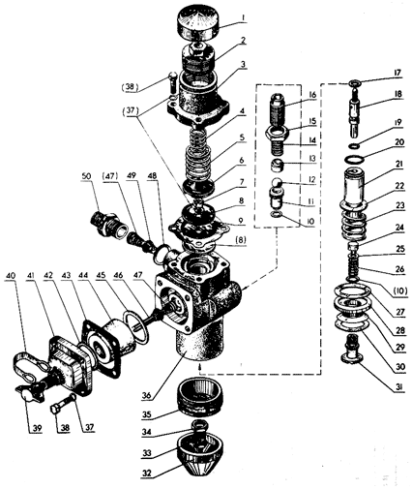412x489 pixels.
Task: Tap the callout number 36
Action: tap(147, 395)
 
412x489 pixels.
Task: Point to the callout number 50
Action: tap(87, 176)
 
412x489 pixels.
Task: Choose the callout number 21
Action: tap(399, 165)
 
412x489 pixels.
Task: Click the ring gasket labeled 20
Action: tap(354, 159)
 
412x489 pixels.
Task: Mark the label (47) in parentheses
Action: tap(110, 176)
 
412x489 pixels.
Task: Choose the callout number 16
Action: tap(312, 95)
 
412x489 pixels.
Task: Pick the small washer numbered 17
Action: tap(355, 84)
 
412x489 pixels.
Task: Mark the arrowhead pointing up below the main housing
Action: tap(199, 367)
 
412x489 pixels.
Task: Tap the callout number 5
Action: tap(242, 138)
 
